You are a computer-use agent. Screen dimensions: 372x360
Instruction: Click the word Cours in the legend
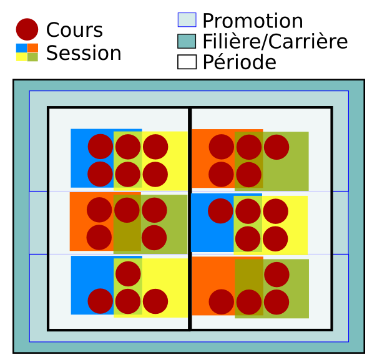tap(74, 30)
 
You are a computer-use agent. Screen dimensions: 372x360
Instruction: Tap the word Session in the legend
tap(84, 52)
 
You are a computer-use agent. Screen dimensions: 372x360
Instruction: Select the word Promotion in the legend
tap(253, 21)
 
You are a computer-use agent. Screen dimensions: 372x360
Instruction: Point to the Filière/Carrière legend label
tap(275, 41)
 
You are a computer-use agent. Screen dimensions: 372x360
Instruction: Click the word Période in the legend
tap(240, 62)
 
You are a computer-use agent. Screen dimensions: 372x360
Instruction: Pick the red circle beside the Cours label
tap(27, 29)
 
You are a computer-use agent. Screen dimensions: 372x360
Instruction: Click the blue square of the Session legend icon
tap(22, 48)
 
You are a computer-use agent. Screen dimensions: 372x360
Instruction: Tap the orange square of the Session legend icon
tap(32, 48)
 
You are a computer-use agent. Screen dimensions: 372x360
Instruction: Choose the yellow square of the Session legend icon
tap(22, 57)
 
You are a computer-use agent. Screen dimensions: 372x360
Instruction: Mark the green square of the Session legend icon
tap(32, 57)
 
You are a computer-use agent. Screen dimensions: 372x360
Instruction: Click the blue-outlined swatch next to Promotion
tap(187, 20)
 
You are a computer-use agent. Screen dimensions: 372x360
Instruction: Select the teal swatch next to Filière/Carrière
tap(187, 41)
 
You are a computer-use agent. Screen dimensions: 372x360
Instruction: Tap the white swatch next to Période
tap(187, 62)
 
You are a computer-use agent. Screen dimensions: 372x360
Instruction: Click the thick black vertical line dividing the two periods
tap(190, 218)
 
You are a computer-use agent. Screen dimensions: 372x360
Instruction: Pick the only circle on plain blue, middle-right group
tap(220, 211)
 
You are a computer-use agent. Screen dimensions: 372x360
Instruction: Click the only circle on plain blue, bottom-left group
tap(100, 301)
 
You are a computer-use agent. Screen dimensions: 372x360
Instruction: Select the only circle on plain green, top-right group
tap(277, 147)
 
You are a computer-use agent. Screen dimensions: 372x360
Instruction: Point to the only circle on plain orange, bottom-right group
tap(222, 302)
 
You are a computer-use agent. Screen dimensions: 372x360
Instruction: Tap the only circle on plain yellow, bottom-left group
tap(155, 301)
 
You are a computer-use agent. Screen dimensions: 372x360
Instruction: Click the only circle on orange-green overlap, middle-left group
tap(127, 210)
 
